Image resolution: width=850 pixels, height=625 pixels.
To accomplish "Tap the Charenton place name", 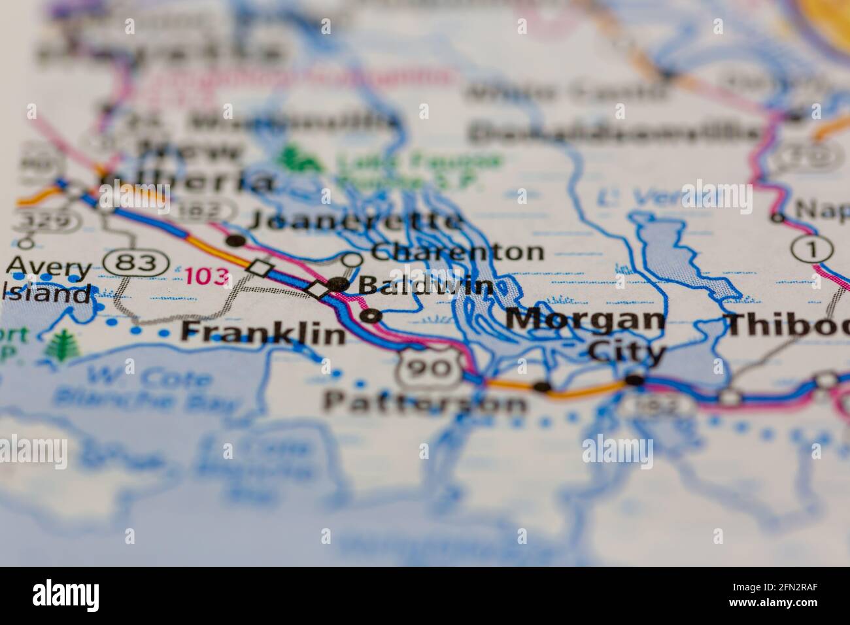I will [457, 252].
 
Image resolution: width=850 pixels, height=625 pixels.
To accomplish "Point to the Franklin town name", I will [263, 333].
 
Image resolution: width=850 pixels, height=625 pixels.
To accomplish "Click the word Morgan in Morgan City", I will [585, 320].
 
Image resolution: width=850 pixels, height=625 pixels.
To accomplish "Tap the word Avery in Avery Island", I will [49, 268].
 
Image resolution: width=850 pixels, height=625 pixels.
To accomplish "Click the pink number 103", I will [207, 275].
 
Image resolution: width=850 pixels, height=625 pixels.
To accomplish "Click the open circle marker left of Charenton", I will [352, 260].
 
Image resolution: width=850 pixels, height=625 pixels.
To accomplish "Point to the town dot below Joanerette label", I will [236, 241].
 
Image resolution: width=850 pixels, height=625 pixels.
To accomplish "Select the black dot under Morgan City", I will [634, 380].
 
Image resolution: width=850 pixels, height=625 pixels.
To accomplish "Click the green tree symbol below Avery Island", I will [63, 344].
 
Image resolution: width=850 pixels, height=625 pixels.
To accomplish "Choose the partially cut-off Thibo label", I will [787, 324].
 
